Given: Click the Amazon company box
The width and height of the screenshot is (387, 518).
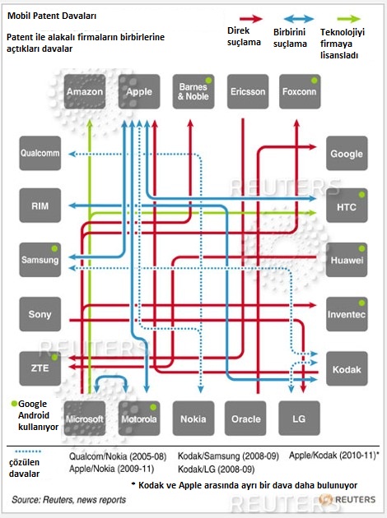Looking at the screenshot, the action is pos(85,91).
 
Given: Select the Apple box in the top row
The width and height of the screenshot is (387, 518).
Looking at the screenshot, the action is pos(139,91).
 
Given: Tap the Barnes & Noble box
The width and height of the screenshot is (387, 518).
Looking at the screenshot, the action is pos(193,91).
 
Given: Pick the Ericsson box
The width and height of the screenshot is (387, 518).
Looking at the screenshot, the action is pos(248,91).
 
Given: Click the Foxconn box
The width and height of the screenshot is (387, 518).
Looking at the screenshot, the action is pos(300,91).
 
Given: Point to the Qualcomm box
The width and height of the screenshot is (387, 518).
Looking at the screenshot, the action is pos(40,153).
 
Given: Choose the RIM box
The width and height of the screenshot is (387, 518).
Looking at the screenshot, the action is pos(40,206).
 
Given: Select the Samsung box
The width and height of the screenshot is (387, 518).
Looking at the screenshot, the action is pos(40,260).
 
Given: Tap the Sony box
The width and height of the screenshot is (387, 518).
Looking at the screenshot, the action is pos(40,314).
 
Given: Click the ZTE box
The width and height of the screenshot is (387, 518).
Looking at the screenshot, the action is pos(40,368).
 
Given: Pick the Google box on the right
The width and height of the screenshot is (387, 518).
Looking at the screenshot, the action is pos(347,153).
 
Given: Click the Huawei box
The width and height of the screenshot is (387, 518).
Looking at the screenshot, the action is pos(347,260).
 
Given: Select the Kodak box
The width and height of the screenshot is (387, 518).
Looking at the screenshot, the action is pos(347,368).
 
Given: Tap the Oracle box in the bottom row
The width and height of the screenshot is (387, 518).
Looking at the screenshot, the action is pos(245,419).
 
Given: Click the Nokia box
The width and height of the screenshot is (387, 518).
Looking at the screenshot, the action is pos(193,419).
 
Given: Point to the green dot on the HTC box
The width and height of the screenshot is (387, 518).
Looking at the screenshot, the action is pos(361,195).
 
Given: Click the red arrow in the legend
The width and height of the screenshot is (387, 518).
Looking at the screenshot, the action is pos(251,18).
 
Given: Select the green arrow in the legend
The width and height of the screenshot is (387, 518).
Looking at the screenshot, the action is pos(348,18).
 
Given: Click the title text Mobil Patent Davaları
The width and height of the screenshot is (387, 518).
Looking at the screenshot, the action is pos(52,16).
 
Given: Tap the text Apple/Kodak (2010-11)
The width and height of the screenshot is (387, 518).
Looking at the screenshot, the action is pos(333,456).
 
